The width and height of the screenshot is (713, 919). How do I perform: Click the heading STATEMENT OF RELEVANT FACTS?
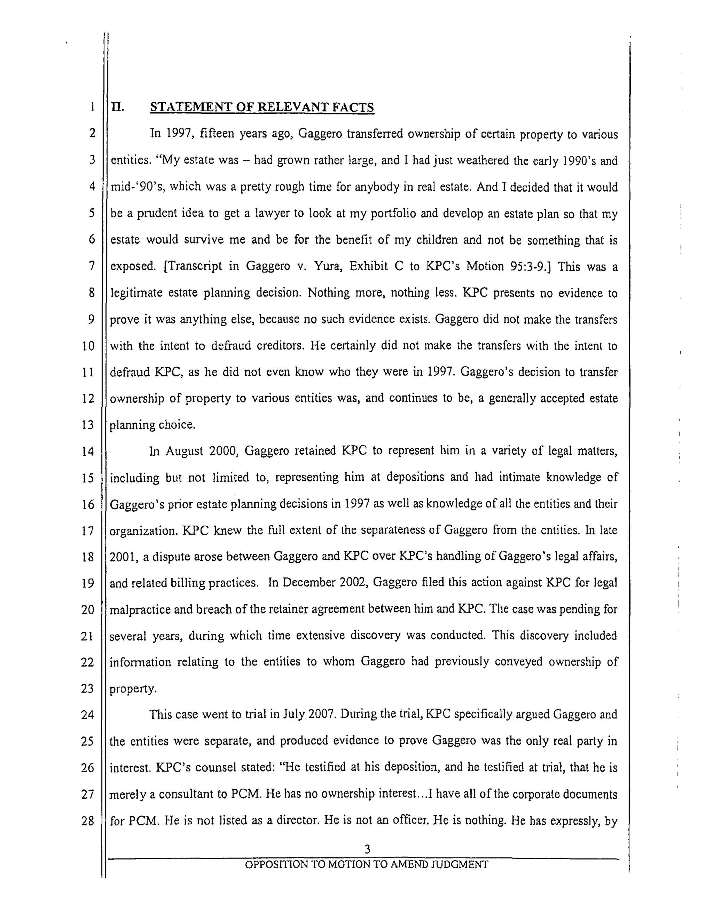pyautogui.click(x=261, y=107)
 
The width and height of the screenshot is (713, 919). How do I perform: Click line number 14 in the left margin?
pyautogui.click(x=88, y=451)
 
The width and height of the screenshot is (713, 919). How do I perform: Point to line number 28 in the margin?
pyautogui.click(x=88, y=821)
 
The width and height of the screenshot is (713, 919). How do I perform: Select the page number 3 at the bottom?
pyautogui.click(x=367, y=849)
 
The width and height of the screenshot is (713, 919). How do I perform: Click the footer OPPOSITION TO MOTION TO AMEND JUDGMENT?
pyautogui.click(x=366, y=865)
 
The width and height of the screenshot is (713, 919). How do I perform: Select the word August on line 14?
pyautogui.click(x=184, y=451)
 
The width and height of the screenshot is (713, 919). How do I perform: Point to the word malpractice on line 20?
pyautogui.click(x=139, y=609)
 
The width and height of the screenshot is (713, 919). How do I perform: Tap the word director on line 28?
pyautogui.click(x=295, y=820)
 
